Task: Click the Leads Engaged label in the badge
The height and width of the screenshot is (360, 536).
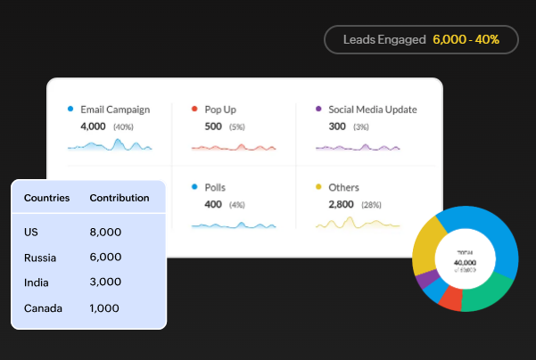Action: [384, 40]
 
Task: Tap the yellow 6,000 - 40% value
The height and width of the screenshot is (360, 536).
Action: [466, 40]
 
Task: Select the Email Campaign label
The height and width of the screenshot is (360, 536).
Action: [115, 110]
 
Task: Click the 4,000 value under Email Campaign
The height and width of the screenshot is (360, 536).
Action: [93, 127]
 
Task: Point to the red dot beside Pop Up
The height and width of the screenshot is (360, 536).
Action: [194, 109]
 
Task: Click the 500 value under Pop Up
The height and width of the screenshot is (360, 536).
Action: [213, 127]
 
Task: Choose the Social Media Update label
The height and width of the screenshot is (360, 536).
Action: [372, 110]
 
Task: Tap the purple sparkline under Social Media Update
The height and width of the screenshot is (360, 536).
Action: [358, 147]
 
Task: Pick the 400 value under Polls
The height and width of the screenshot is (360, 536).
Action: [213, 204]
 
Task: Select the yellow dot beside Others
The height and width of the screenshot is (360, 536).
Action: [318, 187]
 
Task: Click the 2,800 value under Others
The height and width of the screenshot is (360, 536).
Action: [341, 204]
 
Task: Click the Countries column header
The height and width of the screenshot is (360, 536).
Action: [46, 198]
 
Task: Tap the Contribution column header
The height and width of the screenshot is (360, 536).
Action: [120, 198]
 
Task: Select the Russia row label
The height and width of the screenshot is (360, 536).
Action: [40, 258]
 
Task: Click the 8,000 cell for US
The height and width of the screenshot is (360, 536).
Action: [105, 232]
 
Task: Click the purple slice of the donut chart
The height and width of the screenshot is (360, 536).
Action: [428, 279]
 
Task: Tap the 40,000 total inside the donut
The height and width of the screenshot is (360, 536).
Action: [465, 263]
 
